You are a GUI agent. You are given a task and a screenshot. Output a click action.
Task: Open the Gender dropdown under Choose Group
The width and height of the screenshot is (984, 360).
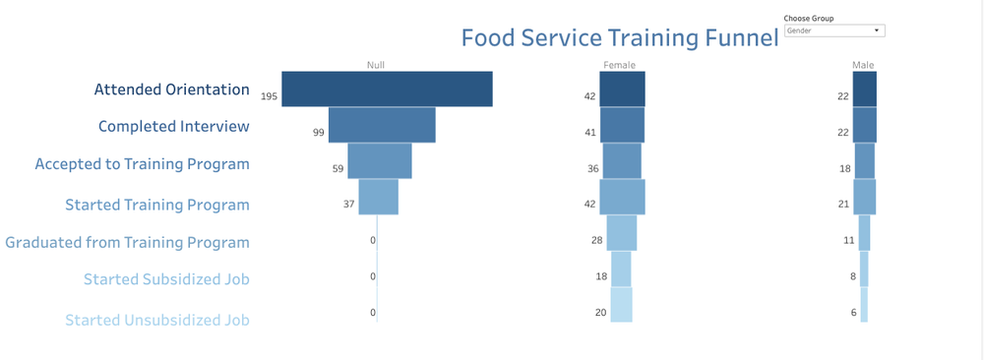834,30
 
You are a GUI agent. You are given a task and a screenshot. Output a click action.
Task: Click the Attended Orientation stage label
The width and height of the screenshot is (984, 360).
171,90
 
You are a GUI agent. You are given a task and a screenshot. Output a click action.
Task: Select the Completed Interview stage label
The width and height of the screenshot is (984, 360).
173,127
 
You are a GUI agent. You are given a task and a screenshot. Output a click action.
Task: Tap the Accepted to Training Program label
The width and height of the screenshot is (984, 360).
142,164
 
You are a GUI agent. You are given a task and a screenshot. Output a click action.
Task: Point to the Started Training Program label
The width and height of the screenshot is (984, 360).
156,206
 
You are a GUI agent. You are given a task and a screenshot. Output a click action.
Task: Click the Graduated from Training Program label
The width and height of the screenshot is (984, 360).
127,242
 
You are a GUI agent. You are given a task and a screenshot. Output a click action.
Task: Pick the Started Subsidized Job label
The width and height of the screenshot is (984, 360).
166,279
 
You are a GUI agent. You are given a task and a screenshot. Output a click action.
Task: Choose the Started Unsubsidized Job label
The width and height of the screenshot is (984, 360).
156,320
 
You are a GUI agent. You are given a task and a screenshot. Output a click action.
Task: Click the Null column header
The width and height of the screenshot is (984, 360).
376,65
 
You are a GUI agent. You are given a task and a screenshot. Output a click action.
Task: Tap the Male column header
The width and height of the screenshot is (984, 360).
863,65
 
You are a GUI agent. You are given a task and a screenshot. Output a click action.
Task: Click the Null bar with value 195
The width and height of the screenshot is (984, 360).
387,90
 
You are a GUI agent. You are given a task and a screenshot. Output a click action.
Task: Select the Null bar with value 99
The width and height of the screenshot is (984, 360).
382,125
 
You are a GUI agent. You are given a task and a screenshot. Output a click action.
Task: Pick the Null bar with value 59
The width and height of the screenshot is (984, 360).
380,160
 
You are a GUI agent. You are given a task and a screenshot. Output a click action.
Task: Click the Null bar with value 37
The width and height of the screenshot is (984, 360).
378,197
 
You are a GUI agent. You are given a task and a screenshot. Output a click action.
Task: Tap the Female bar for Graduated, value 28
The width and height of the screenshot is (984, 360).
621,233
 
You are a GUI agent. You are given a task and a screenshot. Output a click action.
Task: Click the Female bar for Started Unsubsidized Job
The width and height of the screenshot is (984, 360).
621,305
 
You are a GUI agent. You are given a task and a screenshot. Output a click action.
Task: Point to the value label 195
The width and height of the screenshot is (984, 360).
269,96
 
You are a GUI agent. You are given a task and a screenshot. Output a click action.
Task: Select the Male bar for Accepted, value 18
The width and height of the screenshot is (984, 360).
864,160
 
